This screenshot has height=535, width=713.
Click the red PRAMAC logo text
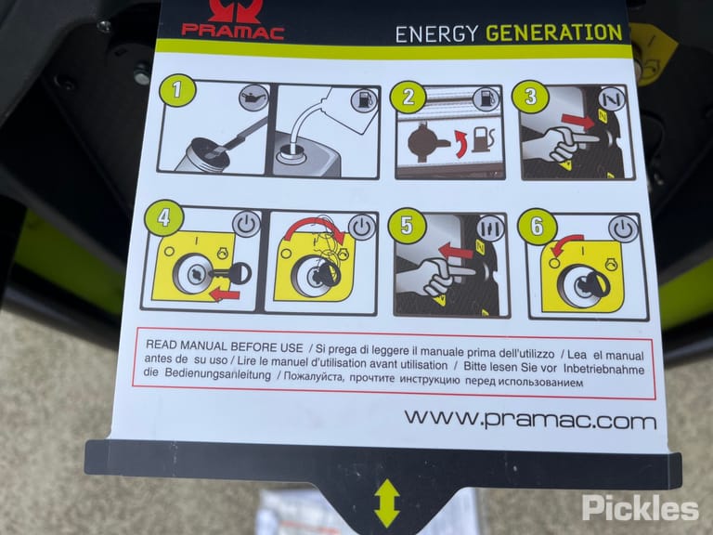coord(232,32)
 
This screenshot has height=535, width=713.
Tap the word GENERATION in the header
coord(554,33)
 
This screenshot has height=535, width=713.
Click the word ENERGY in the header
coord(436,34)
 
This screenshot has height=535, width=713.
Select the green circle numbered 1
coord(177,90)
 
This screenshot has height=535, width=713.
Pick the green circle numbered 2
coord(408,97)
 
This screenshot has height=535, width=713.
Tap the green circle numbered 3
coord(531,97)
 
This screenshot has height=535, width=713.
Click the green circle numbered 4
coord(163,218)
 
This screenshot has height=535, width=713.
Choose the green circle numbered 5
coord(407,226)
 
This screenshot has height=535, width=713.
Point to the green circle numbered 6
coord(537,226)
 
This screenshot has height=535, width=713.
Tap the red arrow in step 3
coord(578,121)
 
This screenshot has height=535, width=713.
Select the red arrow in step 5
coord(456,251)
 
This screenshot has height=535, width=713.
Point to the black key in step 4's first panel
coord(232,273)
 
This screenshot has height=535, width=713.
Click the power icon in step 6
coord(623,228)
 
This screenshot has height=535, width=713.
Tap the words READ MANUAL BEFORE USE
coord(224,346)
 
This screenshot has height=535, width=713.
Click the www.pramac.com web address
coord(530,419)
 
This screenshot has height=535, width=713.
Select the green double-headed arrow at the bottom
coord(386,503)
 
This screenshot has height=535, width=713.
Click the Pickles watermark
coord(641,507)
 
